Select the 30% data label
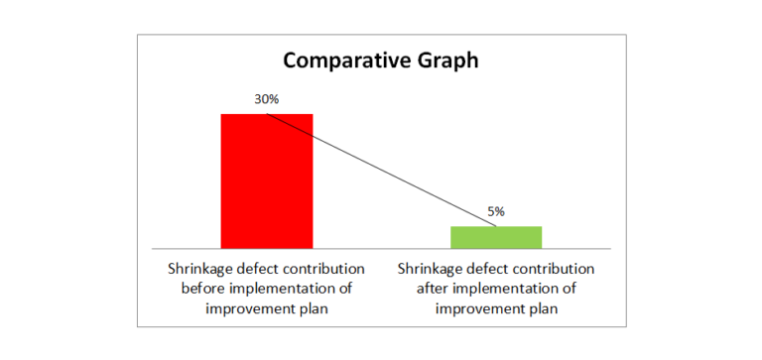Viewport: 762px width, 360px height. (267, 100)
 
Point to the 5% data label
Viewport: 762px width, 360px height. (496, 211)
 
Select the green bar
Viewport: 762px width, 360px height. (496, 237)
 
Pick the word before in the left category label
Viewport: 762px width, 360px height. (202, 289)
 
